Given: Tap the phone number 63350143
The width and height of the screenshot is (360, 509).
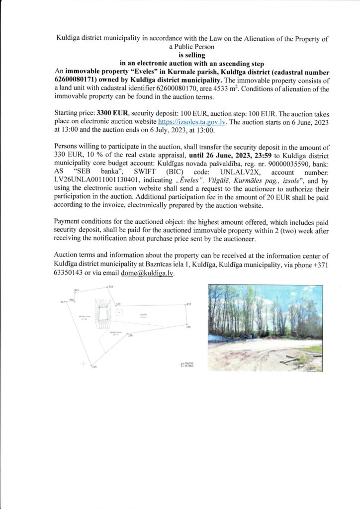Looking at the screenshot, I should click(70, 273).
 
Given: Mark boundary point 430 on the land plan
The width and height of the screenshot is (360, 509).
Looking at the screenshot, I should click(189, 303).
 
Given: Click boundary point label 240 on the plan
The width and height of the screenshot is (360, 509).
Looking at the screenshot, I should click(188, 327).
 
